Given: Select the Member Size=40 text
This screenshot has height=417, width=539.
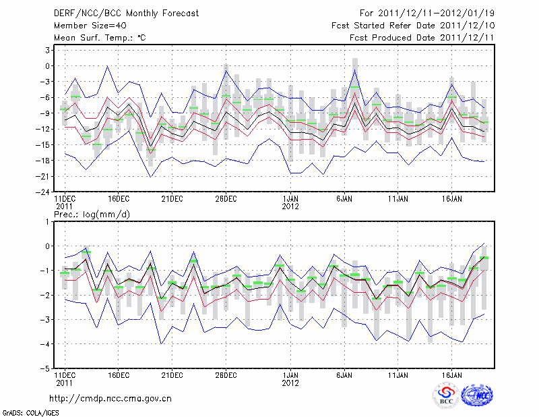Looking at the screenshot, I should tap(86, 25).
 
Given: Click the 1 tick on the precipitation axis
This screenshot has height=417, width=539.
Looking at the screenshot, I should tap(48, 221).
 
